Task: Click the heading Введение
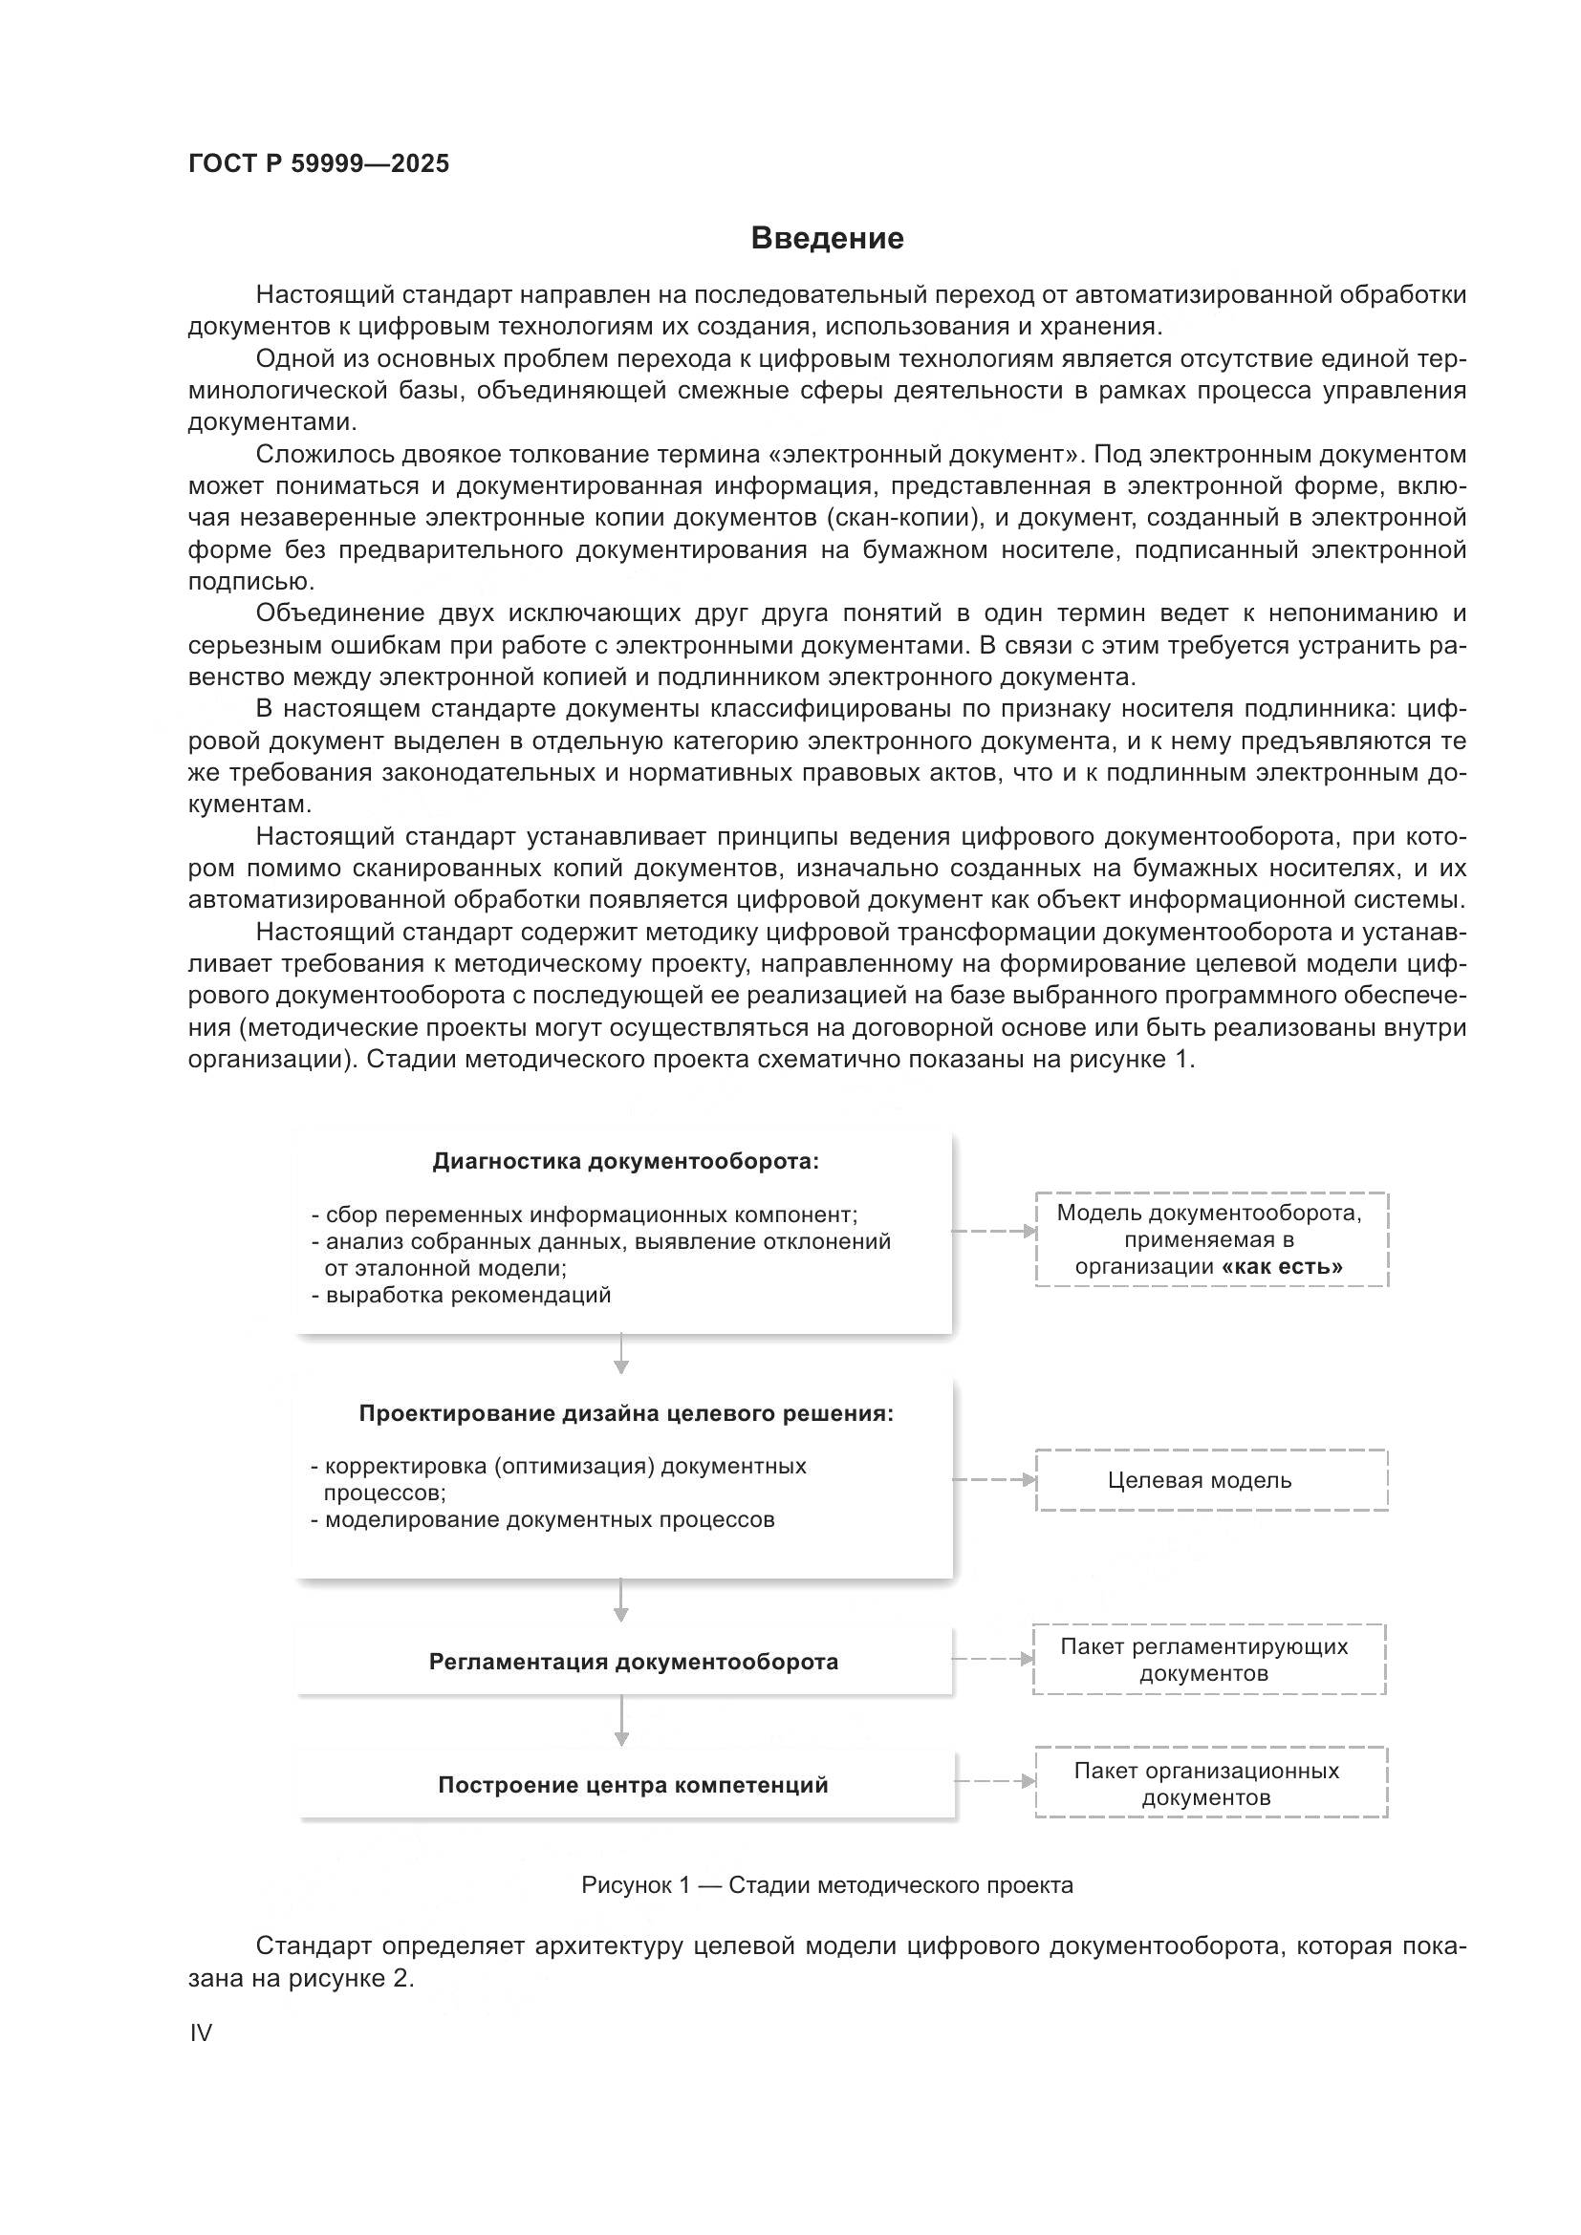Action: click(827, 239)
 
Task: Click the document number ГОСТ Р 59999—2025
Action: click(318, 163)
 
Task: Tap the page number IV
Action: click(201, 2032)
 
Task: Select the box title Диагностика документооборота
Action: click(625, 1161)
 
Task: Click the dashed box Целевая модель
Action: click(1210, 1480)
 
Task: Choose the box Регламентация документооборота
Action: click(633, 1662)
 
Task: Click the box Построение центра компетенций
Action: click(633, 1785)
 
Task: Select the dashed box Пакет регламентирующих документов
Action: click(1208, 1660)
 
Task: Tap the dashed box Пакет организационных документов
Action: click(1210, 1783)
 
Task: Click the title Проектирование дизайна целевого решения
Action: click(625, 1413)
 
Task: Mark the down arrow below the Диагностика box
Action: click(621, 1354)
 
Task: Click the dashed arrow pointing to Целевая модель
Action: click(993, 1479)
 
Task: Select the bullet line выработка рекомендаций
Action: click(462, 1296)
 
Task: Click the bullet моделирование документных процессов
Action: click(543, 1519)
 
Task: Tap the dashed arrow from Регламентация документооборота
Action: click(991, 1659)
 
